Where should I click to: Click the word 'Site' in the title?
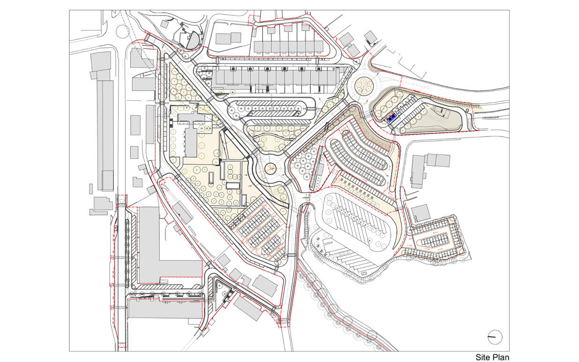pos(483,357)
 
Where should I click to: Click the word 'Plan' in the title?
pos(500,357)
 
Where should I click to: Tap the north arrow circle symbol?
pos(495,336)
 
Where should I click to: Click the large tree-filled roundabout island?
pos(363,86)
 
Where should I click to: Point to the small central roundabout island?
pos(271,168)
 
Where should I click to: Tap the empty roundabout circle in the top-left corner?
pos(123,32)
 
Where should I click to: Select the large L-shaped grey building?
pos(159,249)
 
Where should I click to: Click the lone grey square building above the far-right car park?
pos(421,213)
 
